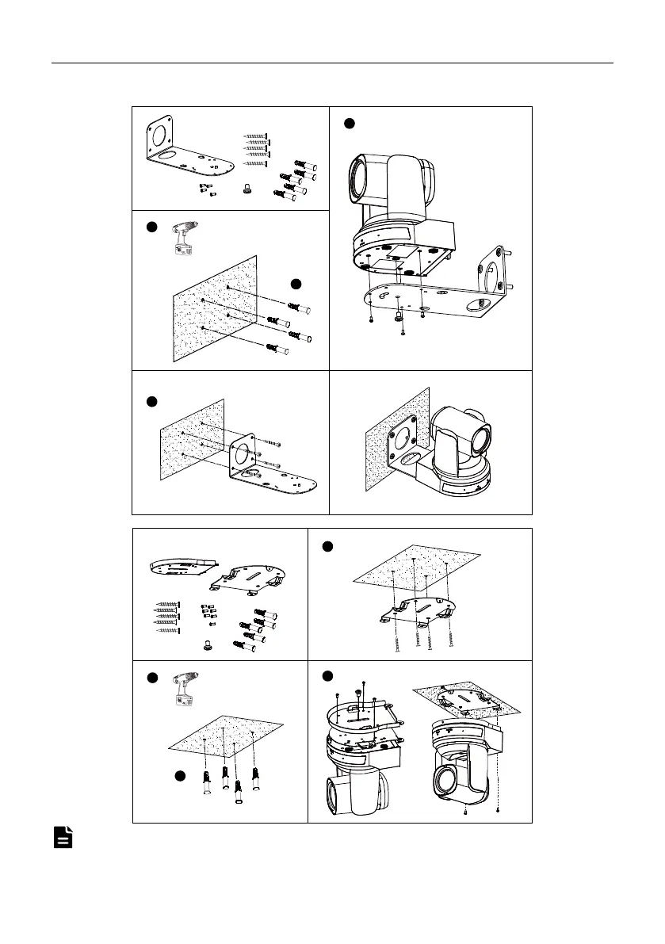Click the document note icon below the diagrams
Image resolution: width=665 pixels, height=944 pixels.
[x=63, y=837]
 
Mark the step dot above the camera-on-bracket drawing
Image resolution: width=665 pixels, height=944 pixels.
[x=348, y=123]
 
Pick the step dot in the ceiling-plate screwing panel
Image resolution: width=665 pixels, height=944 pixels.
[x=328, y=546]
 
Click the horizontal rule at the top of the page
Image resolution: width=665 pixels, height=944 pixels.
[x=332, y=63]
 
